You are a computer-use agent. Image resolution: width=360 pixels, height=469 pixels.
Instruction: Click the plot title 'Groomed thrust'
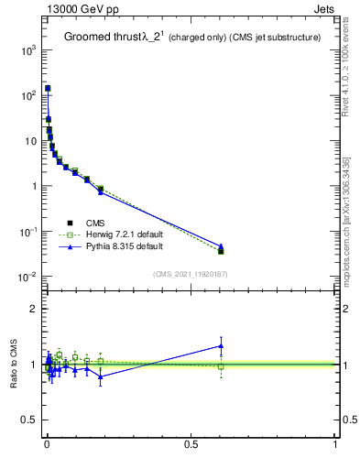[x=99, y=38]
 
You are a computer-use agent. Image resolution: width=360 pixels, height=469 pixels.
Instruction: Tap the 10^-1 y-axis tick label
[x=27, y=232]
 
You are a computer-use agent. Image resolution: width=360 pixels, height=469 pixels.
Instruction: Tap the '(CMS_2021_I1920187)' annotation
[x=191, y=274]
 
